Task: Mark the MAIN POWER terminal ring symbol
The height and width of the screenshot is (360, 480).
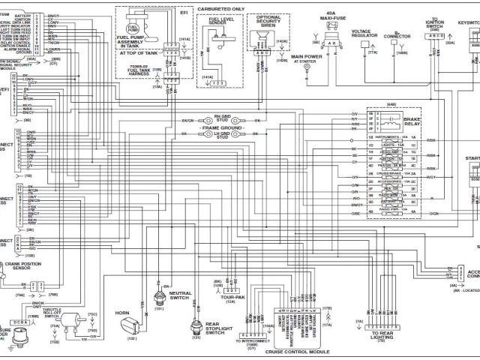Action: pos(306,67)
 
